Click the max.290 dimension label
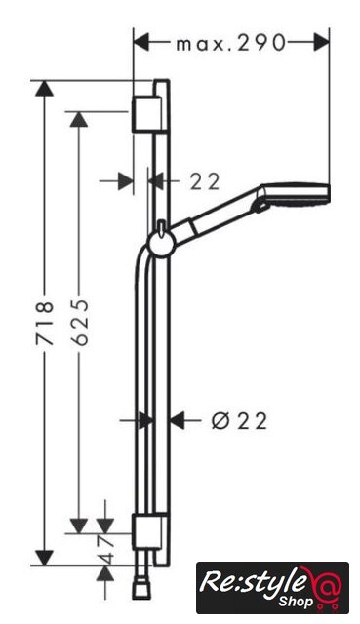(231, 43)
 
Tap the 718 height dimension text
(44, 323)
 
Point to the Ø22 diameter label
(239, 421)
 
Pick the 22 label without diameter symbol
(205, 182)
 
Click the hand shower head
(294, 195)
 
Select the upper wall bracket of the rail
(146, 113)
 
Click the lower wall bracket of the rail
(146, 533)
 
